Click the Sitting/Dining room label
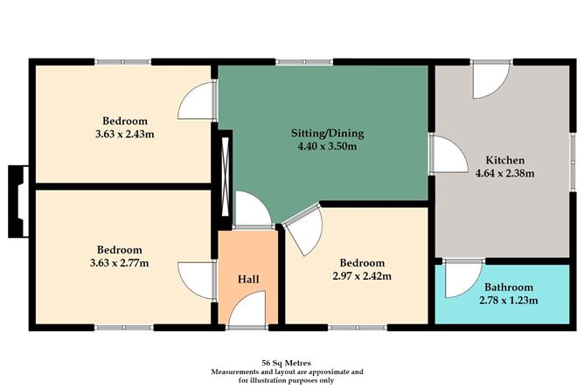tap(327, 133)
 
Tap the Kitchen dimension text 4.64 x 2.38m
tap(505, 173)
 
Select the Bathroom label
tap(509, 288)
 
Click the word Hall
tap(248, 279)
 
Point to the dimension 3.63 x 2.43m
tap(125, 134)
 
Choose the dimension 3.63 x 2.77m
tap(119, 263)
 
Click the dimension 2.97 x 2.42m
tap(362, 276)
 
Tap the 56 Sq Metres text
tap(286, 363)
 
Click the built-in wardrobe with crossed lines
tap(225, 177)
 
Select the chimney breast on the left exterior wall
tap(18, 201)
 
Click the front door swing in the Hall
tap(247, 309)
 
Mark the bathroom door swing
tap(463, 279)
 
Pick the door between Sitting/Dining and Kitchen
tap(448, 155)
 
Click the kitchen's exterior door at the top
tap(490, 80)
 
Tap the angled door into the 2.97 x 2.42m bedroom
tap(304, 231)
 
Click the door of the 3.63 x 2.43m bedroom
tap(197, 101)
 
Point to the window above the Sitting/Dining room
tap(304, 62)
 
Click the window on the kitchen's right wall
tap(573, 163)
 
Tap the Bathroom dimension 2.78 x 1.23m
tap(509, 301)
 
